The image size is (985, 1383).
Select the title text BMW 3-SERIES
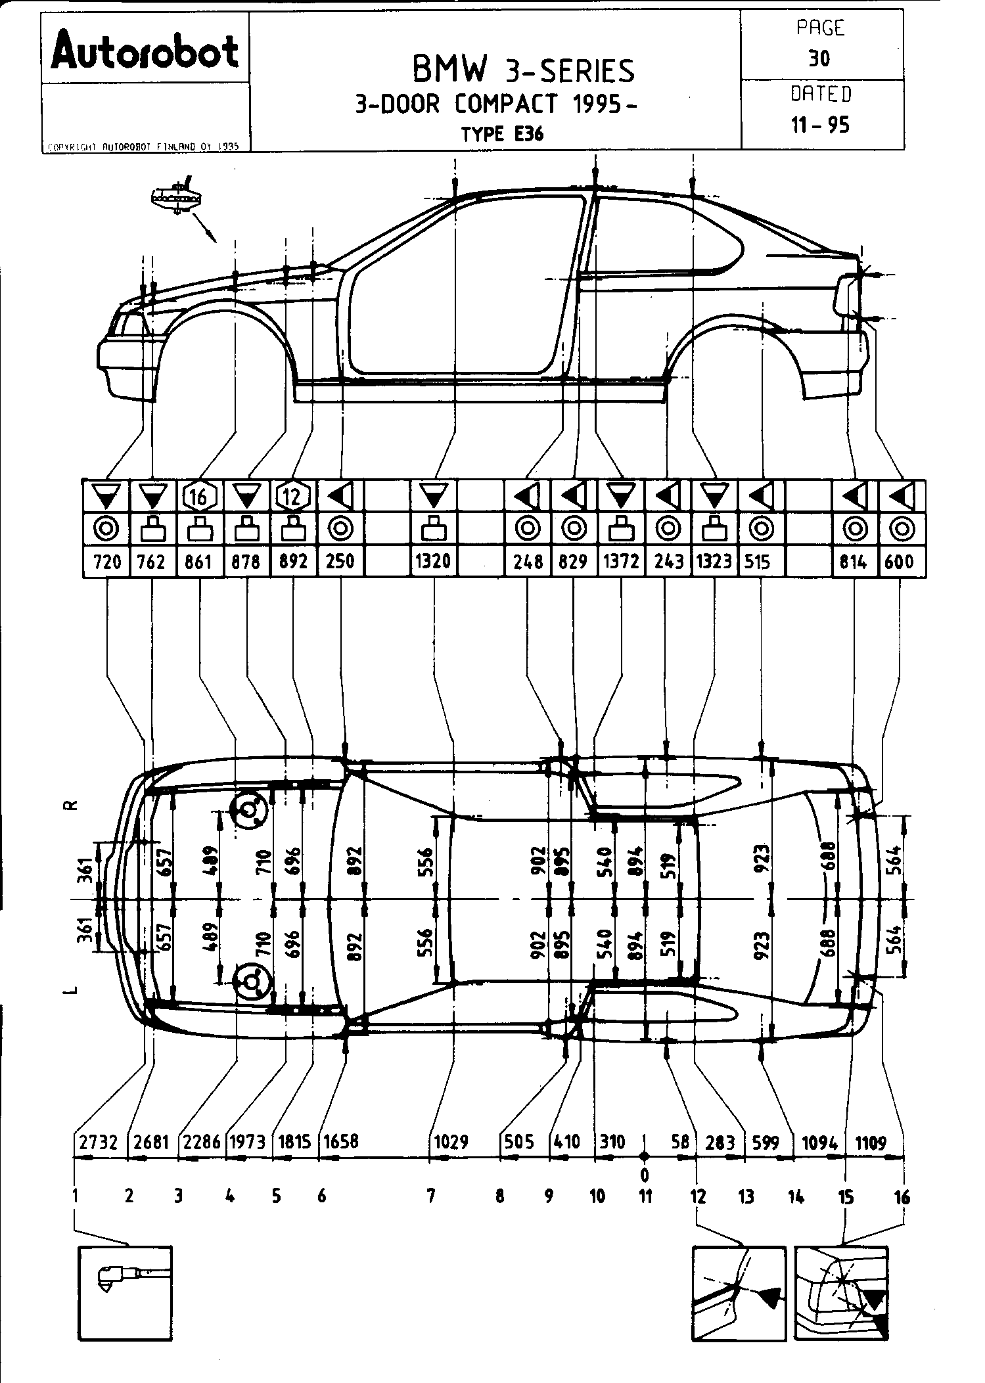pyautogui.click(x=523, y=70)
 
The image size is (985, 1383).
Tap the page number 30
pyautogui.click(x=819, y=58)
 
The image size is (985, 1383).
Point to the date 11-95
pyautogui.click(x=820, y=125)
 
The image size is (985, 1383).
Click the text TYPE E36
pyautogui.click(x=502, y=134)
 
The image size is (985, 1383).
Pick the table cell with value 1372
pyautogui.click(x=620, y=562)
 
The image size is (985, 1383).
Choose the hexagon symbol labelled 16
pyautogui.click(x=199, y=497)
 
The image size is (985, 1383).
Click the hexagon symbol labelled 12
pyautogui.click(x=292, y=497)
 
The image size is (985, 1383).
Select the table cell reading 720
pyautogui.click(x=106, y=562)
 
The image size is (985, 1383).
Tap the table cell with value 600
pyautogui.click(x=900, y=562)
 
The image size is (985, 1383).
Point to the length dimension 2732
pyautogui.click(x=98, y=1143)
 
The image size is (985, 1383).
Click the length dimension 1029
pyautogui.click(x=451, y=1143)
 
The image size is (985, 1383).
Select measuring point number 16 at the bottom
pyautogui.click(x=902, y=1197)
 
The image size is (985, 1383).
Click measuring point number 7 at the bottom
pyautogui.click(x=430, y=1196)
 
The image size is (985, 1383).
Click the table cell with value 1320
pyautogui.click(x=433, y=562)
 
